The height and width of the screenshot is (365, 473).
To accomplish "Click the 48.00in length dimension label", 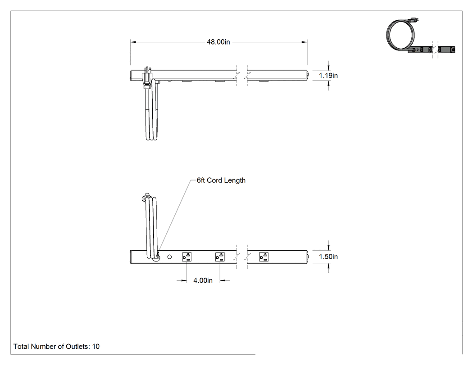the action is (x=218, y=42).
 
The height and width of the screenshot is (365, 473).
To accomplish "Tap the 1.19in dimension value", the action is (x=328, y=76).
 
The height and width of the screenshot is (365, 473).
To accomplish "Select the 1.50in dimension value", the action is (x=328, y=257).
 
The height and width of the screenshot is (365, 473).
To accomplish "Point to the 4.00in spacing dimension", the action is (x=203, y=280).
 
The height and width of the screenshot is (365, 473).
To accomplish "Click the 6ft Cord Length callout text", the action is (x=221, y=180).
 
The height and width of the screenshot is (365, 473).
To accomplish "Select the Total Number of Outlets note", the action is (x=56, y=347).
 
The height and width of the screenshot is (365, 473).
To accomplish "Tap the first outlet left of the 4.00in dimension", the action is (x=187, y=257).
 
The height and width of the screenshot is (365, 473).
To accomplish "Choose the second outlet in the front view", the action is (x=220, y=257).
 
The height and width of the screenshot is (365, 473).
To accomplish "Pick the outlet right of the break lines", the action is (x=264, y=257).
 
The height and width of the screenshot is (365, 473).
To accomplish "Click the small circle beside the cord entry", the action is (x=169, y=257).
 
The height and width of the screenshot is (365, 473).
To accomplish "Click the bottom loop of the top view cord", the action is (x=151, y=139).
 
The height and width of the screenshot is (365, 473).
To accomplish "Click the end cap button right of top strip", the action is (x=308, y=76).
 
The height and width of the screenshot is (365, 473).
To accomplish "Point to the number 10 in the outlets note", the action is (x=96, y=347).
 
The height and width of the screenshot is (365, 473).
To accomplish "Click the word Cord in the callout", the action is (x=214, y=180).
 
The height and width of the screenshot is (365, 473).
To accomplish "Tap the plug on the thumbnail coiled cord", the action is (x=414, y=21).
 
